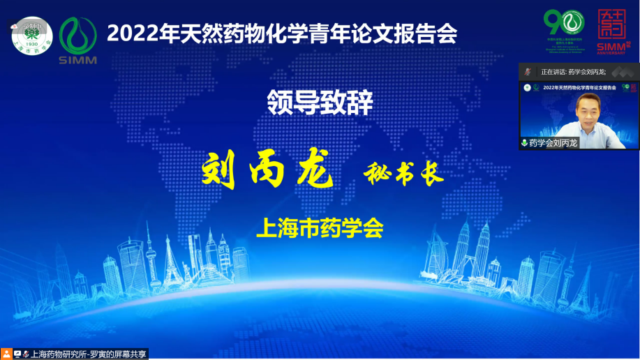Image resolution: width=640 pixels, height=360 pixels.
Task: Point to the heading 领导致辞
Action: point(320,103)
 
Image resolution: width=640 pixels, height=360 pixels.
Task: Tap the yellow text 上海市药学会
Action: point(320,228)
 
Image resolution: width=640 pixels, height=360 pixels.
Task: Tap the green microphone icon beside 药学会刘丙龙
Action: point(524,142)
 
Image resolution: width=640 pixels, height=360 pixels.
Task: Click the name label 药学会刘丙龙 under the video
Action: point(553,142)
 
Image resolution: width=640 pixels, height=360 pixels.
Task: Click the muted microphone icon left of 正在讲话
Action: point(528,71)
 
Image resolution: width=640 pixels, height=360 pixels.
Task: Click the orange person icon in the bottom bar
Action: point(6,354)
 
